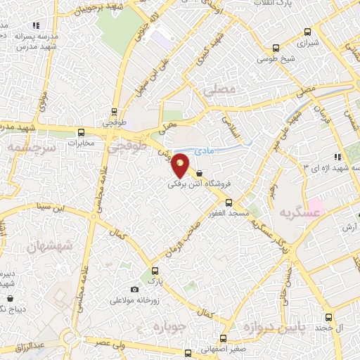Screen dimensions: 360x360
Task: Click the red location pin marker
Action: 181,166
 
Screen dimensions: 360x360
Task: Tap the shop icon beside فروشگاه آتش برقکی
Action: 200,174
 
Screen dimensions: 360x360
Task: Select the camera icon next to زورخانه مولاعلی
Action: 134,289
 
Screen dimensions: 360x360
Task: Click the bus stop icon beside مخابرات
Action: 82,132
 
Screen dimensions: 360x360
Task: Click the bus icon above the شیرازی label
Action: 307,32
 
